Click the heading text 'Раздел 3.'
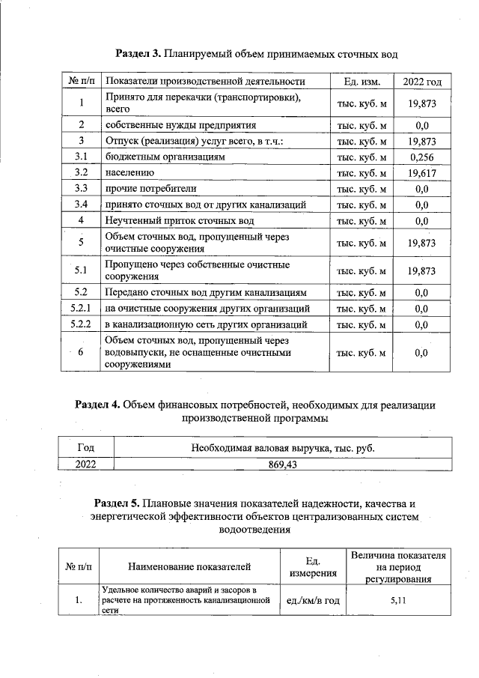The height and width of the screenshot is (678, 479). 139,54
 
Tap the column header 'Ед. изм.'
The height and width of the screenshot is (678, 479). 361,81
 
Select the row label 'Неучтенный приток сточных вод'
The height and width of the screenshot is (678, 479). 180,221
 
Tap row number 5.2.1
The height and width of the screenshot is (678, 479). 80,309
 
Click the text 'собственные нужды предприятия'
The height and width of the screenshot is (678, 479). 180,125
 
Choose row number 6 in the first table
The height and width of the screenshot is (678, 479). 81,352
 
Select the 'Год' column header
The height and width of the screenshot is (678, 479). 86,448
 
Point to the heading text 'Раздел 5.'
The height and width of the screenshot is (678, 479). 118,503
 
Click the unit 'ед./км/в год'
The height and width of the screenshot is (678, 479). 314,600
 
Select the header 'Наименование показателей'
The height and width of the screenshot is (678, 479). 189,566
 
